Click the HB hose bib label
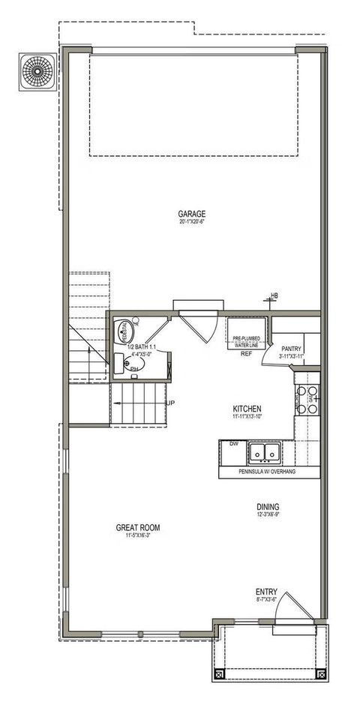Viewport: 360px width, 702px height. [274, 296]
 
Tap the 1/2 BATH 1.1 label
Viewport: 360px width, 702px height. [141, 347]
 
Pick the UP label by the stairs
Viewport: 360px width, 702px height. [170, 403]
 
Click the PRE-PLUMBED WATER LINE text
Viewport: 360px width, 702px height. [245, 341]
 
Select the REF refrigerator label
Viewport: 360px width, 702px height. [246, 353]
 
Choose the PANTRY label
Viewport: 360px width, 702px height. [291, 349]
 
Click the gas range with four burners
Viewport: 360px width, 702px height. [307, 399]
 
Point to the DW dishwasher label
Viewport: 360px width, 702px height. [234, 444]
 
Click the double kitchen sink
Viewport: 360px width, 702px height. [264, 452]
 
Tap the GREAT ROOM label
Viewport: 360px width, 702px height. [137, 527]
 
